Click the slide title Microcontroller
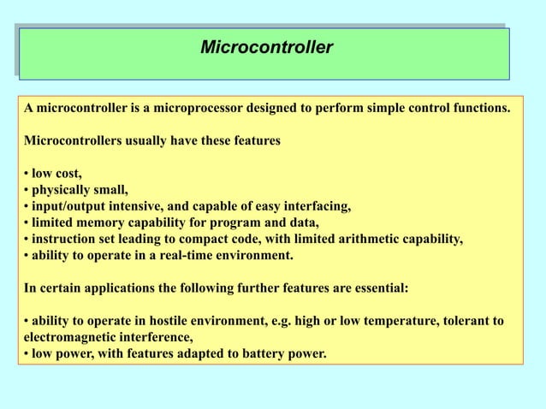coord(266,46)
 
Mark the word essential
coord(380,288)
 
